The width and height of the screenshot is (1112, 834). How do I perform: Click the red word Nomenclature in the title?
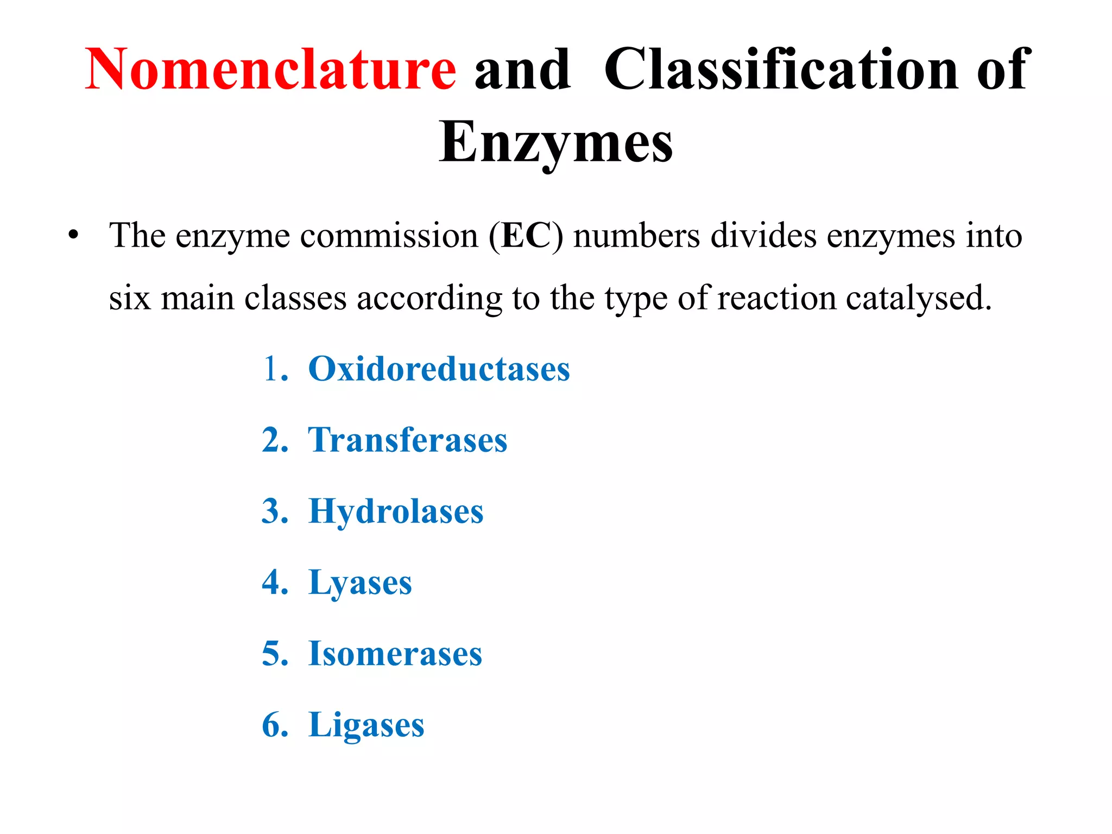click(x=270, y=69)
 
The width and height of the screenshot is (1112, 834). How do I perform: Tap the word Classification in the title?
click(x=781, y=69)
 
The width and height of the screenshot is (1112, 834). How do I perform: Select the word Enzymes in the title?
click(x=556, y=142)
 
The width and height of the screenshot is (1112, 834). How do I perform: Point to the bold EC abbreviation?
click(x=526, y=236)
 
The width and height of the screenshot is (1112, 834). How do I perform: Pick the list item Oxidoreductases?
click(x=439, y=369)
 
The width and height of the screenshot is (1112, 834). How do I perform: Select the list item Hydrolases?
click(x=396, y=511)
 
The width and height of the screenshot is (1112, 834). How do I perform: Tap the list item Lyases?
click(x=360, y=583)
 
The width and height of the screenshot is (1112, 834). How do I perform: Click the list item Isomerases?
click(x=395, y=654)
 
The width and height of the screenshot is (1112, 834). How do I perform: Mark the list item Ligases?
click(x=366, y=725)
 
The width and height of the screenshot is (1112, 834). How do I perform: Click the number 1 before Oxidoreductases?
click(x=270, y=369)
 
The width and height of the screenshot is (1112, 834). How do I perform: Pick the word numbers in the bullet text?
click(x=636, y=236)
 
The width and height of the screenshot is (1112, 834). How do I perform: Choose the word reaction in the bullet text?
click(x=776, y=298)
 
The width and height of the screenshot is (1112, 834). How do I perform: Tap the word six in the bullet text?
click(x=129, y=298)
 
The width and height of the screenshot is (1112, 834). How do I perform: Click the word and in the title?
click(x=522, y=69)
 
